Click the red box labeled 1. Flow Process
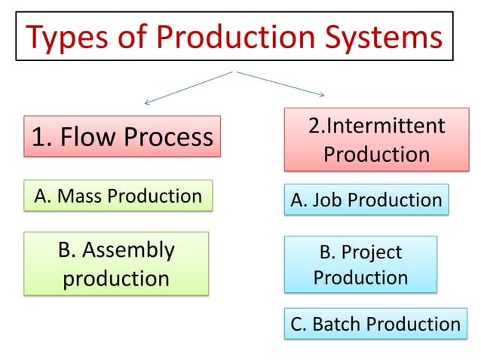pos(122,136)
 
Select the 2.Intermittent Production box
pos(376,139)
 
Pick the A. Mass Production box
pos(118,196)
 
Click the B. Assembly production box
pos(115,264)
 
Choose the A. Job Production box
pos(366,200)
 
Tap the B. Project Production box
pos(360,264)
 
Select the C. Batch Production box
pos(375,324)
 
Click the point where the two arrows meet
pos(236,72)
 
